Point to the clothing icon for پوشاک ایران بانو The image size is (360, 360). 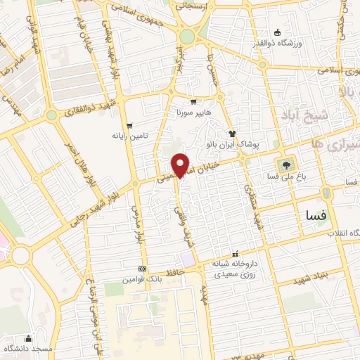(231, 133)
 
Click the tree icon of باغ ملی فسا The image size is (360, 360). (288, 166)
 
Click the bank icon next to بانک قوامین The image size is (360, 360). (143, 269)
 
